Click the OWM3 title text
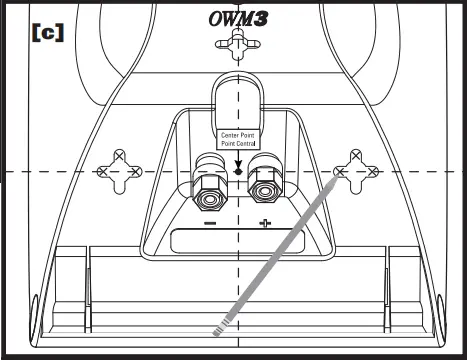pyautogui.click(x=235, y=18)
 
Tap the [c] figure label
pyautogui.click(x=47, y=31)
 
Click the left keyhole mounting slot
pyautogui.click(x=119, y=172)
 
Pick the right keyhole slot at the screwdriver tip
pyautogui.click(x=355, y=171)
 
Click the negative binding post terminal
pyautogui.click(x=210, y=190)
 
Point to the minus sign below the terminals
pyautogui.click(x=210, y=223)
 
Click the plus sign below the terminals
pyautogui.click(x=265, y=223)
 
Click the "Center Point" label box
pyautogui.click(x=237, y=139)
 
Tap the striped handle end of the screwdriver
pyautogui.click(x=222, y=326)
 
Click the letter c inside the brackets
pyautogui.click(x=47, y=31)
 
